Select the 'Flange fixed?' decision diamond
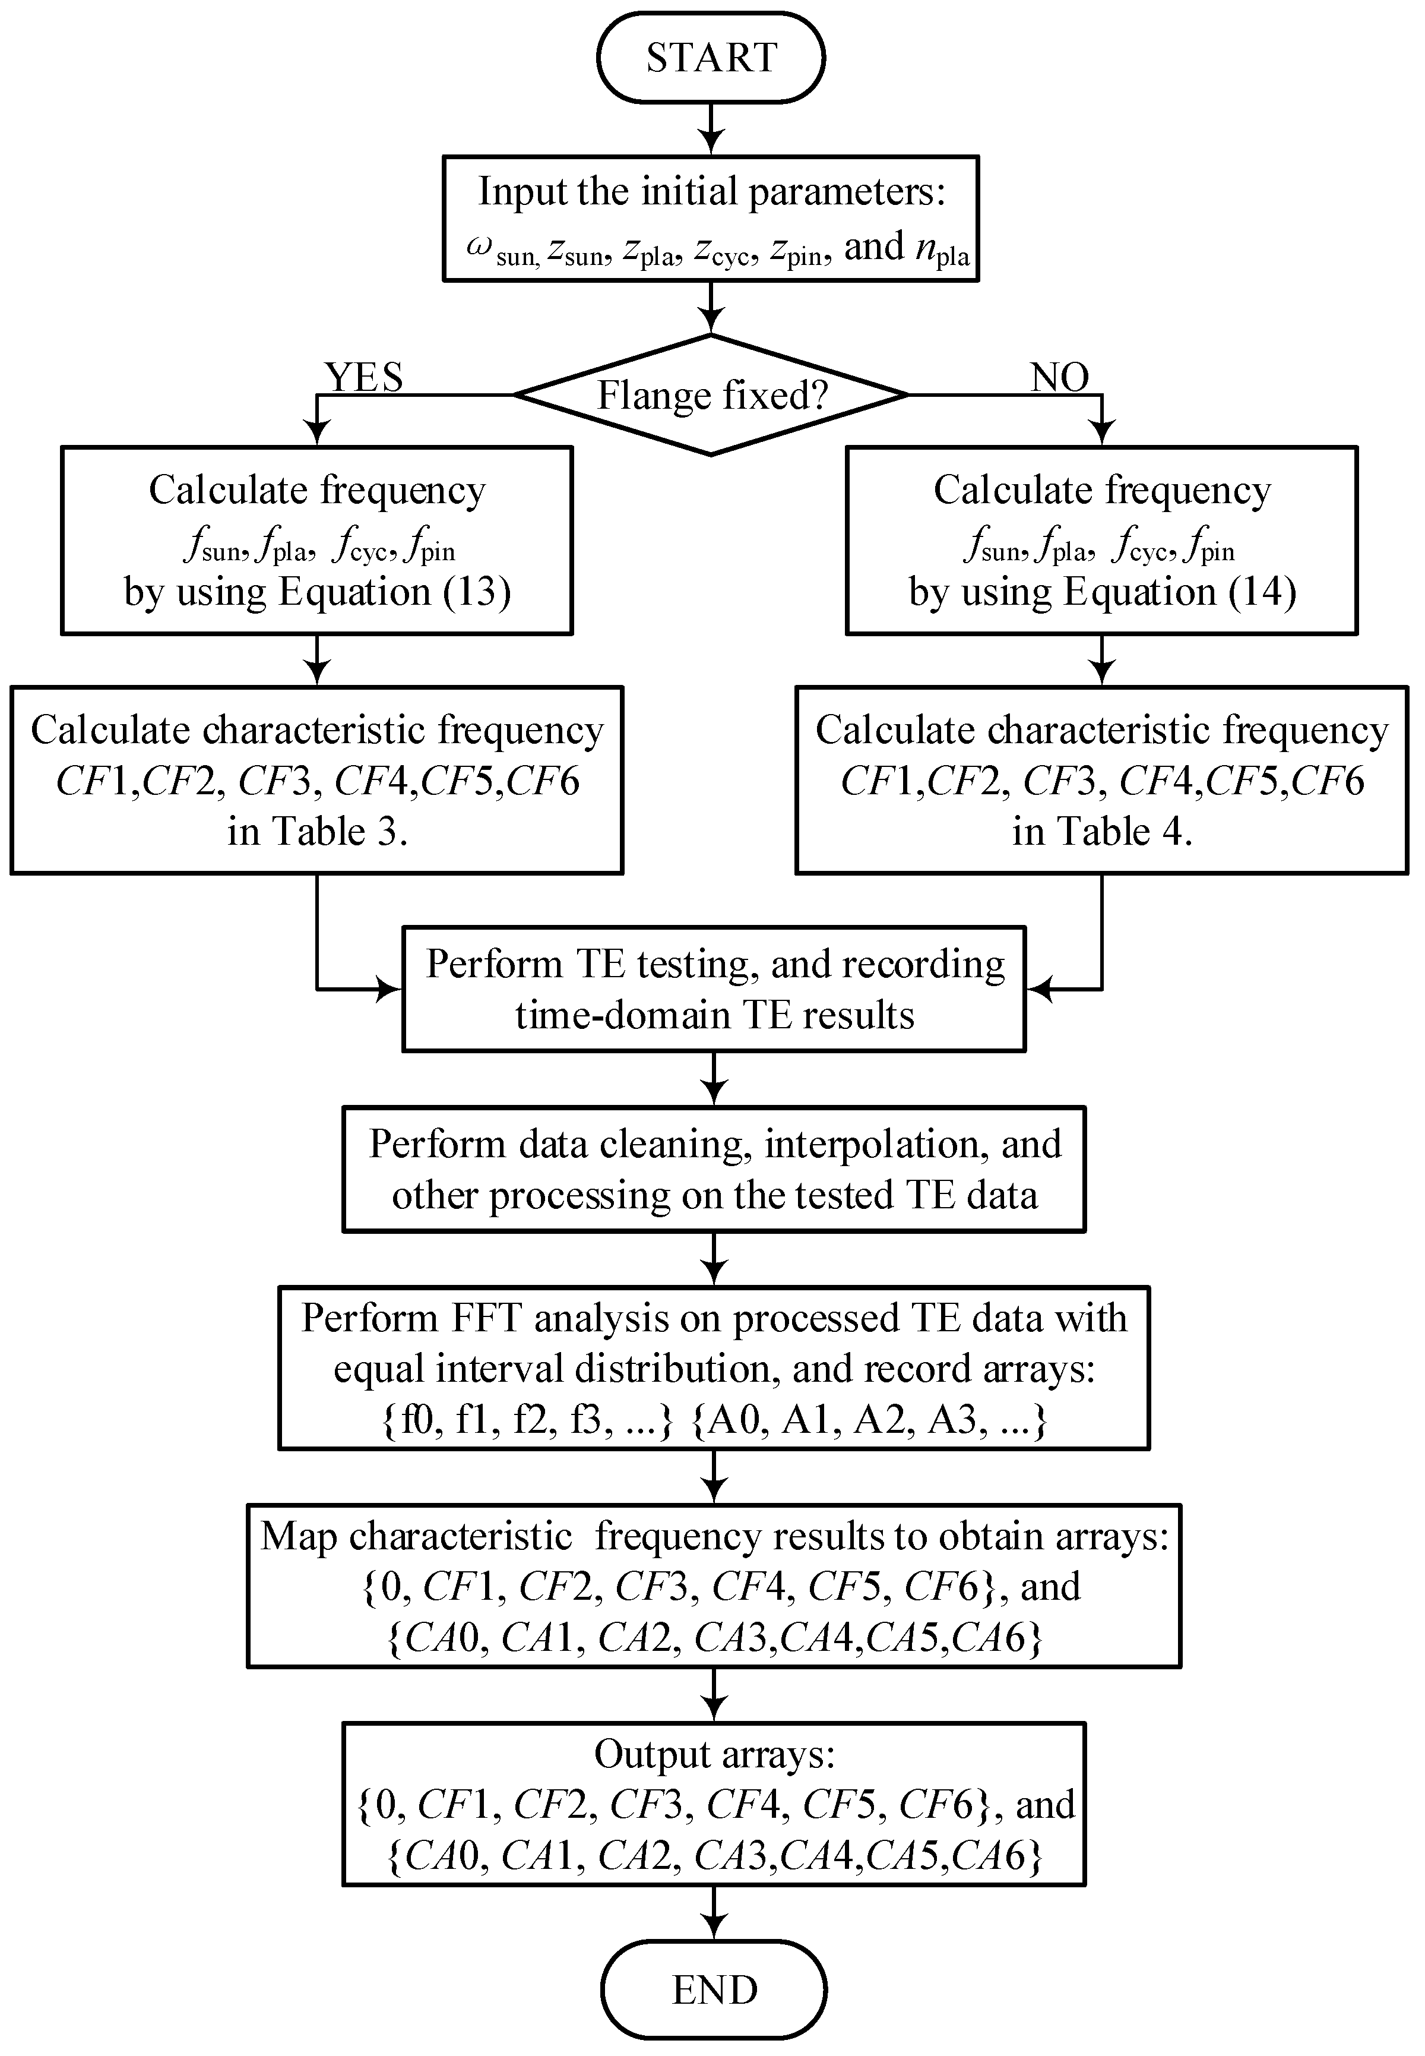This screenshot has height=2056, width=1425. (711, 395)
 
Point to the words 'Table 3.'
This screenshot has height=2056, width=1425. (344, 832)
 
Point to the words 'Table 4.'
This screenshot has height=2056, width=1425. (1129, 832)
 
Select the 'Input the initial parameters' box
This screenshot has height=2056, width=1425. (711, 219)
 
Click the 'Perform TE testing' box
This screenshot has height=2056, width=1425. (714, 988)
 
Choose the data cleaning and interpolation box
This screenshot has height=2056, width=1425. (714, 1169)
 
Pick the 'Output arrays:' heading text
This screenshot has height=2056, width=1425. (714, 1755)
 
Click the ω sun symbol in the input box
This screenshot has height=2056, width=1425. (500, 251)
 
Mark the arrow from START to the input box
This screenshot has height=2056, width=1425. (711, 129)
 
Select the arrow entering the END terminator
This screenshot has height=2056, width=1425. (714, 1913)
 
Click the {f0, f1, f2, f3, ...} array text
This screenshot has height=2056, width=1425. (527, 1419)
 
